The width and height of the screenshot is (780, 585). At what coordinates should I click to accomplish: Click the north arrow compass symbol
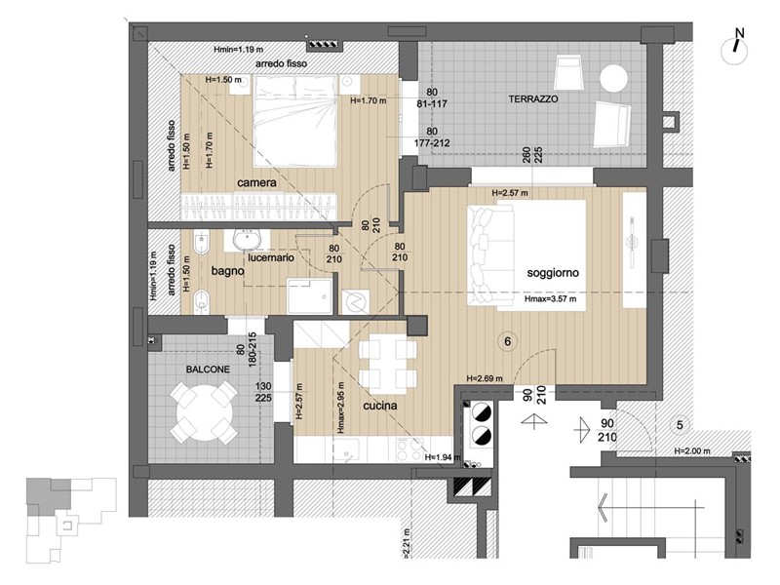(737, 45)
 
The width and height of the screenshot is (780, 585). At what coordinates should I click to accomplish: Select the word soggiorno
(553, 274)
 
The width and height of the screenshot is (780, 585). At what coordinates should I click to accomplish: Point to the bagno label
(226, 274)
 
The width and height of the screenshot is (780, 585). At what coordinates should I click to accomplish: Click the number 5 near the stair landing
(679, 424)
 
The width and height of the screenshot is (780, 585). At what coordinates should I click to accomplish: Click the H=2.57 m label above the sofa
(513, 193)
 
